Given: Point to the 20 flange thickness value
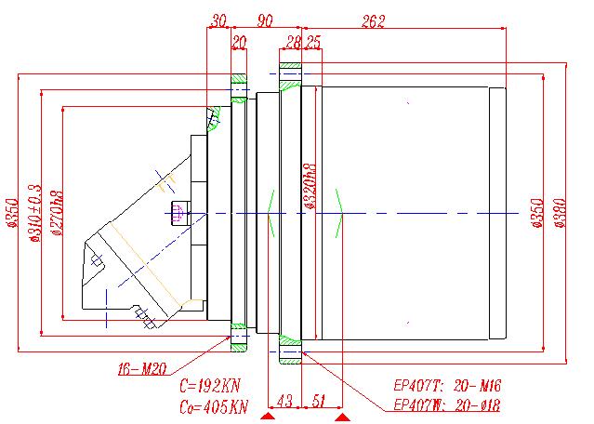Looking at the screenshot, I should coord(239,42).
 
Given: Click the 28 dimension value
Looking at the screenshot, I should coord(294,42).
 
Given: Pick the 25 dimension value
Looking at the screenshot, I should coord(312,42).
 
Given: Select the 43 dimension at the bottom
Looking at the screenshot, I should coord(285,401).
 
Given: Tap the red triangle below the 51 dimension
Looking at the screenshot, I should coord(342,419).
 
